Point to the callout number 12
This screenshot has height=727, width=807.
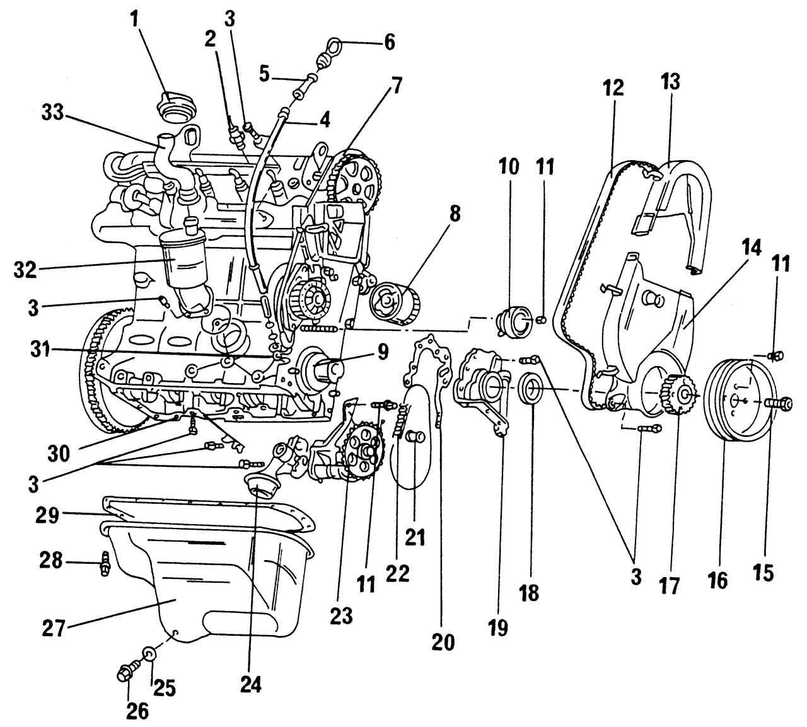[x=612, y=88]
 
